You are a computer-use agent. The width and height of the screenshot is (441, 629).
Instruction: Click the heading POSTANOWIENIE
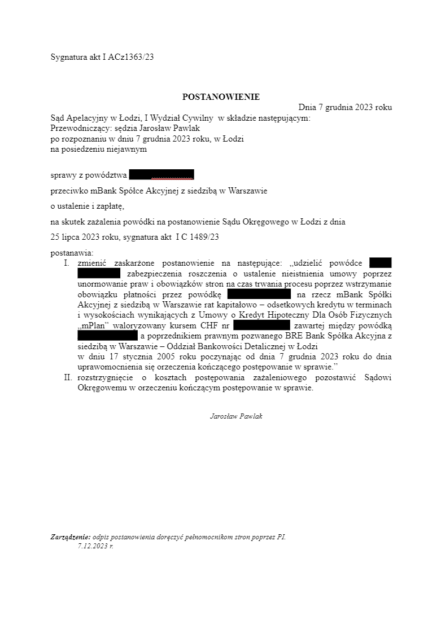click(221, 97)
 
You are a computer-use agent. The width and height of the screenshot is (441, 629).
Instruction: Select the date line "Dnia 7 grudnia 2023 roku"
click(344, 107)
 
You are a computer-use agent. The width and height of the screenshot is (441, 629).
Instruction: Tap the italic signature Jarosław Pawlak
click(236, 416)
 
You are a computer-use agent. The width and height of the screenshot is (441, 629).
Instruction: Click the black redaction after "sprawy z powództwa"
click(161, 174)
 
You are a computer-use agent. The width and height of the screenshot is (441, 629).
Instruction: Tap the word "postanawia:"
click(72, 253)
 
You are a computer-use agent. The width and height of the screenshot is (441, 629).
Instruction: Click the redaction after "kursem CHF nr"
click(261, 326)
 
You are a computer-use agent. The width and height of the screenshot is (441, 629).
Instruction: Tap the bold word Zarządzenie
click(70, 537)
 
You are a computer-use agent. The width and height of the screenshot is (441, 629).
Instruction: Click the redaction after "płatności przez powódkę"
click(259, 294)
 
